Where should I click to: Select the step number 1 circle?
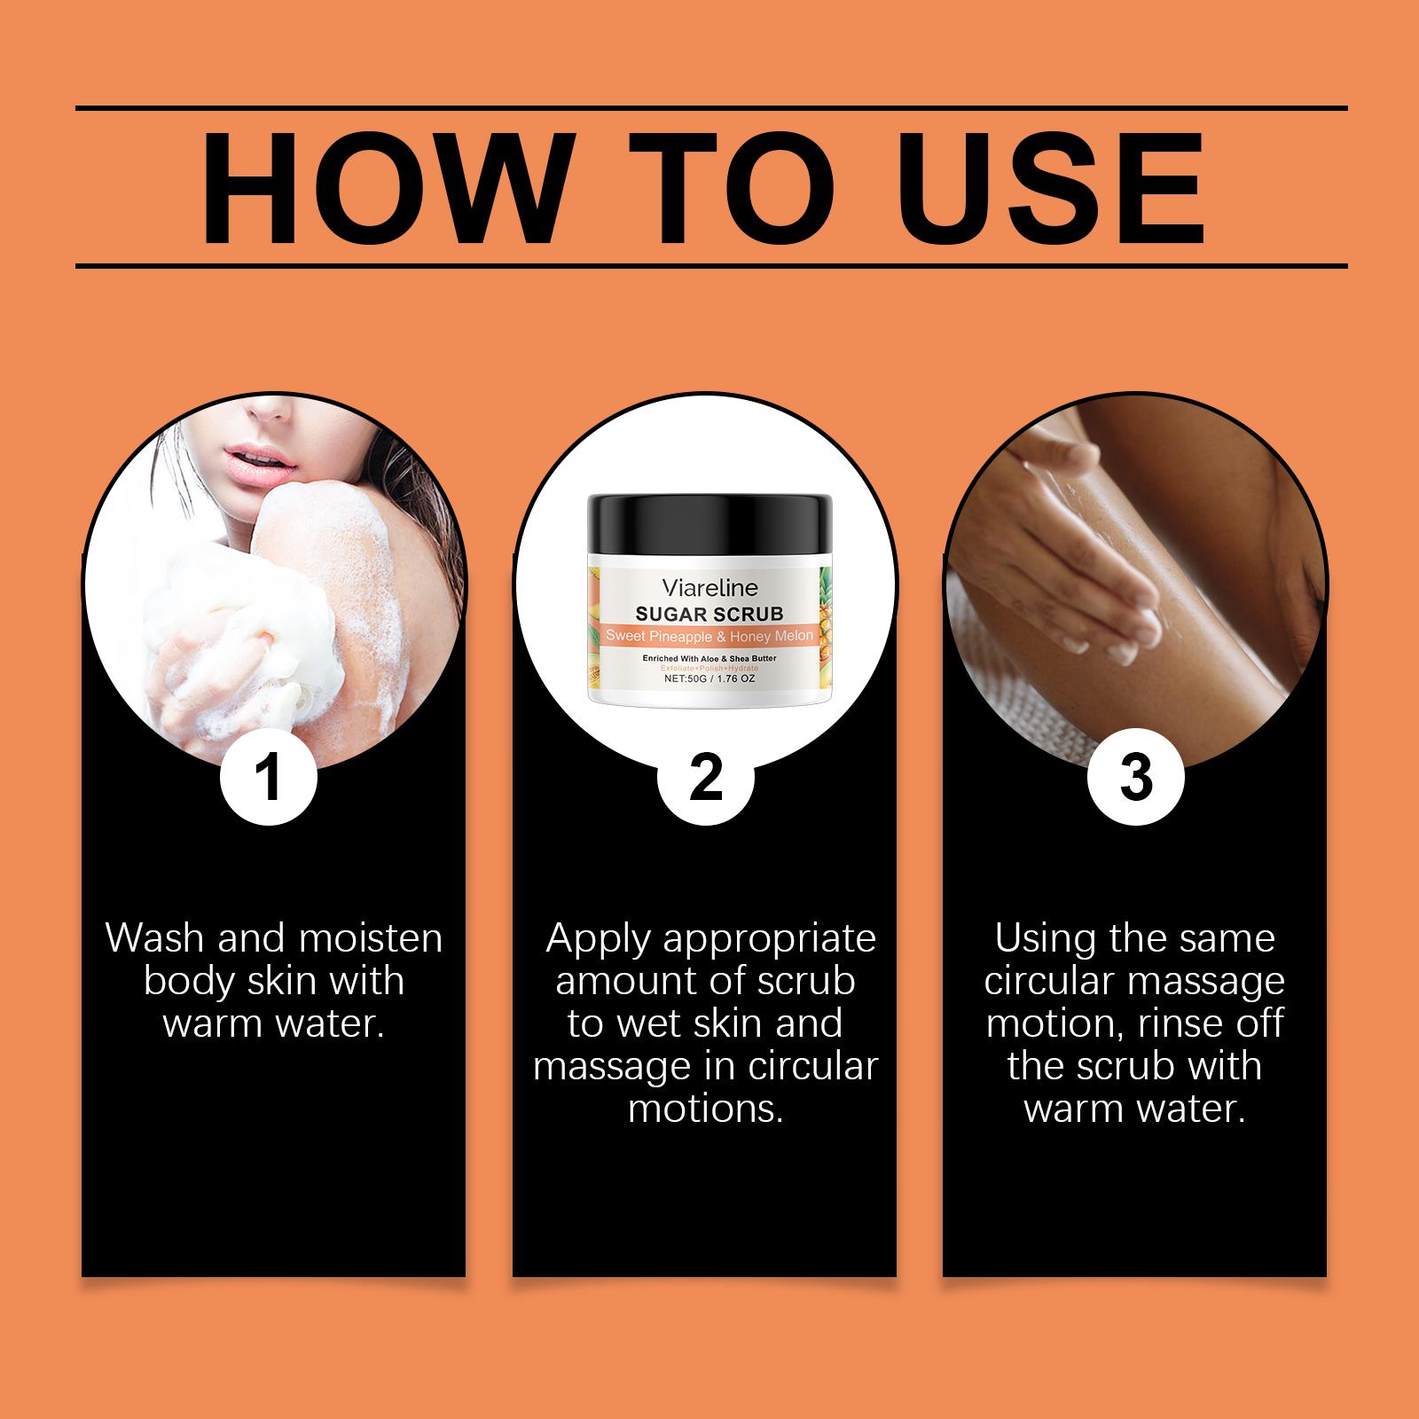click(x=268, y=778)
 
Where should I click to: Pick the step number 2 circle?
click(x=705, y=778)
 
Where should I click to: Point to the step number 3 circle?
click(x=1135, y=778)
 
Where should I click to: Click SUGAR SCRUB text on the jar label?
click(x=709, y=613)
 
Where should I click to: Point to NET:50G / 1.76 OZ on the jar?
click(x=709, y=678)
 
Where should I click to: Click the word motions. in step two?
click(x=706, y=1109)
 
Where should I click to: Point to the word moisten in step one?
click(x=376, y=939)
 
